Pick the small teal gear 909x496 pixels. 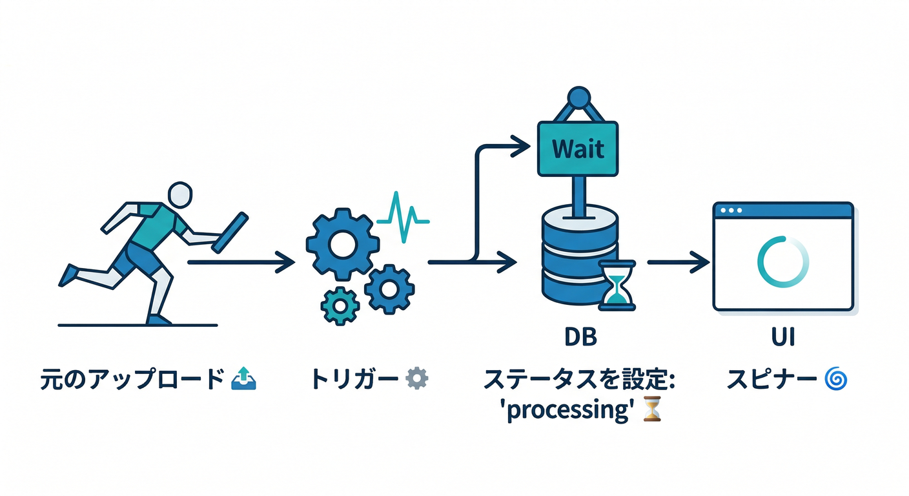(338, 305)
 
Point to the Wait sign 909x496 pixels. (578, 149)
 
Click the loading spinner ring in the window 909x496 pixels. (782, 262)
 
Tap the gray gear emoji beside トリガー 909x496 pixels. (416, 378)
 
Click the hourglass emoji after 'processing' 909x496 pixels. (653, 409)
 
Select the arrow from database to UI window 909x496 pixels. (678, 262)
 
